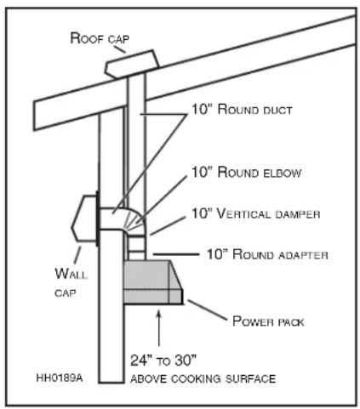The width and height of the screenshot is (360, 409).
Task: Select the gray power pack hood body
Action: pos(153,281)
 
